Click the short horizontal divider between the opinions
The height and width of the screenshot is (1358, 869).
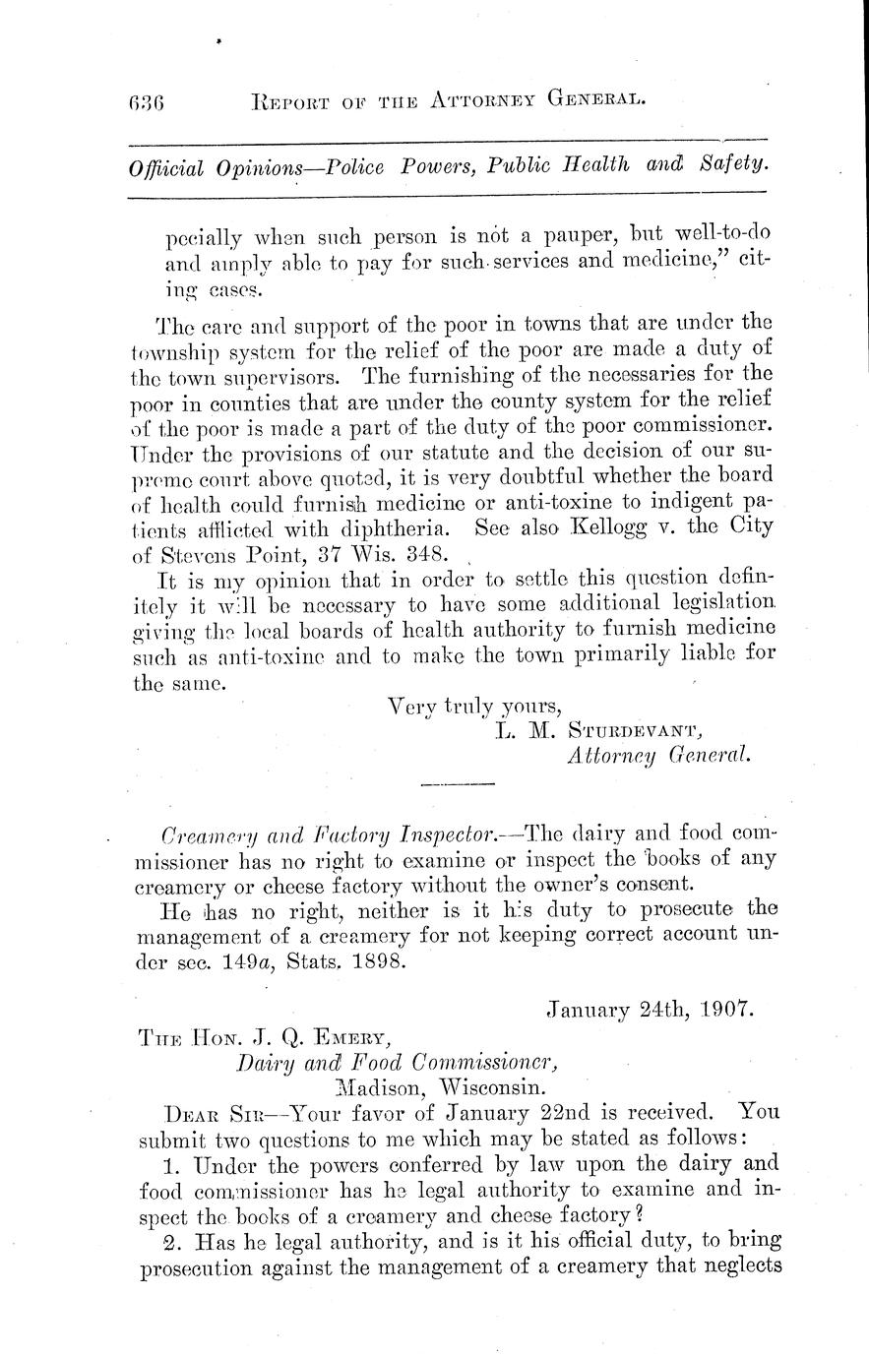coord(457,784)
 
